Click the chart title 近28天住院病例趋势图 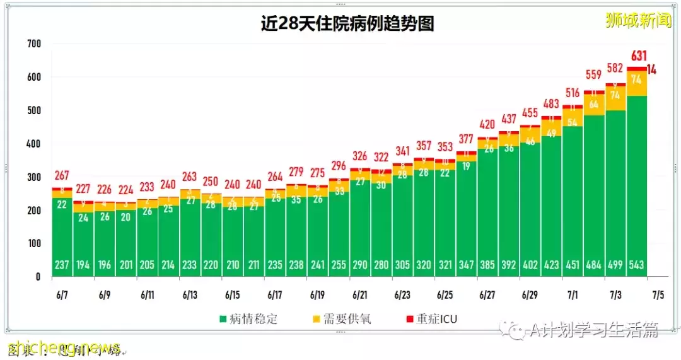point(347,24)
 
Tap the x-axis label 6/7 point(62,294)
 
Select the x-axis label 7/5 point(658,294)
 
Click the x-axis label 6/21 point(360,294)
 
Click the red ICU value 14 point(652,69)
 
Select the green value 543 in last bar point(636,265)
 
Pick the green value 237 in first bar point(62,265)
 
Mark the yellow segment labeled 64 point(594,105)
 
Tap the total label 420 point(487,125)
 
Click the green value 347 point(466,265)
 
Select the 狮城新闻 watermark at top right point(637,21)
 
